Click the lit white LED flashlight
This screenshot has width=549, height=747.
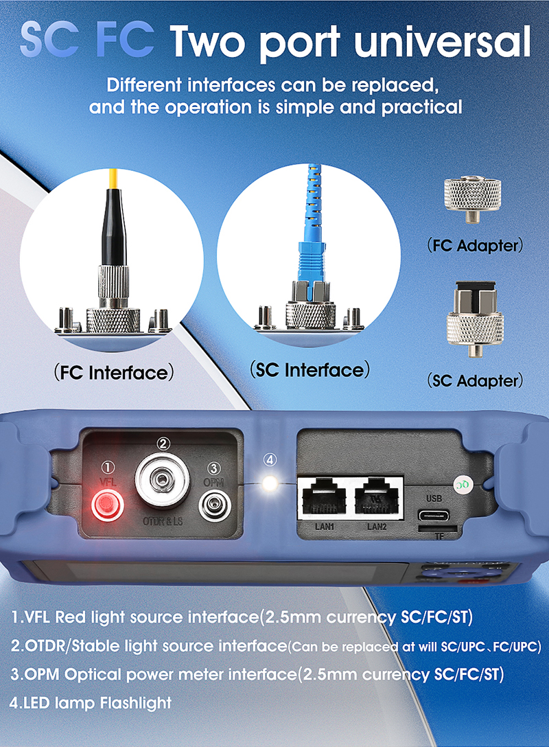270,483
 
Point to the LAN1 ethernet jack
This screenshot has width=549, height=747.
325,498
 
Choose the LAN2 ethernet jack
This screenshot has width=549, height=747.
377,498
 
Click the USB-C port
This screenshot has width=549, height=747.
434,516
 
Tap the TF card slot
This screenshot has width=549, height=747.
438,529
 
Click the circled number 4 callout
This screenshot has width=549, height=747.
270,460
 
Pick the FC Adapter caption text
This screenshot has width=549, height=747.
475,245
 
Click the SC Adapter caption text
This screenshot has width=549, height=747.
475,380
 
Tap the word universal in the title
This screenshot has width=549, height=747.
443,41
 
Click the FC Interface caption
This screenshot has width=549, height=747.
114,372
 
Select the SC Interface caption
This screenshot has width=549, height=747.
309,369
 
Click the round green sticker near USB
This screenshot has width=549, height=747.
462,485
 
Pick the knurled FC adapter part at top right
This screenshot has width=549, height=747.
472,200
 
